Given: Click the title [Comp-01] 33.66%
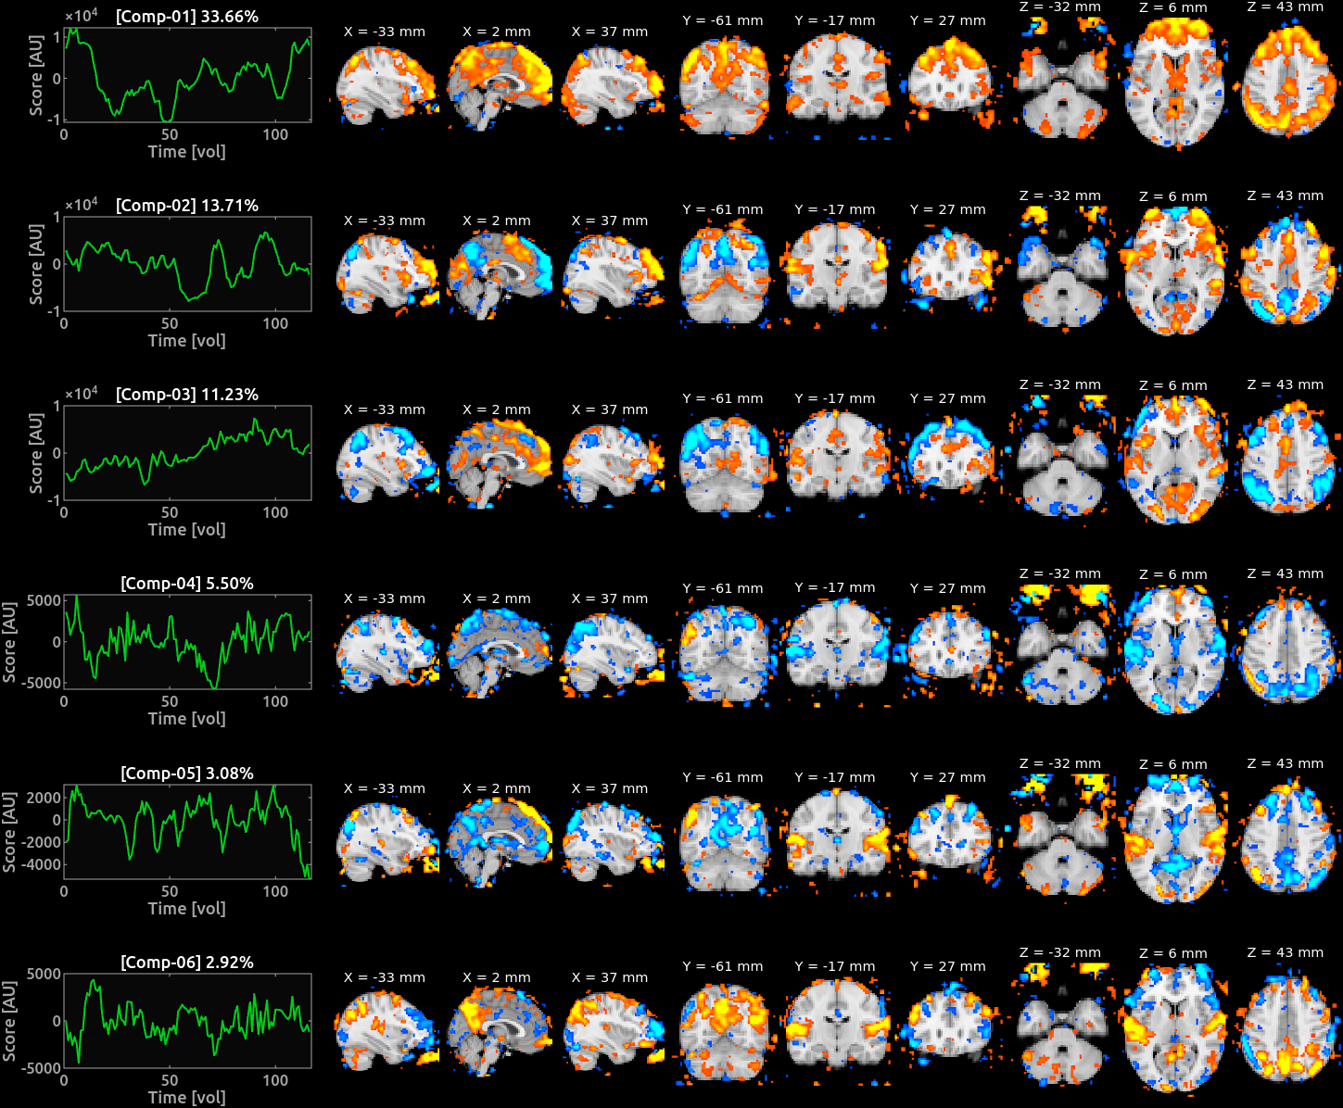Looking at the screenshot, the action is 186,17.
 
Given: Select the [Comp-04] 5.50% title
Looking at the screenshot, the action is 186,584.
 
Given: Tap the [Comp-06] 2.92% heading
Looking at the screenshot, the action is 186,962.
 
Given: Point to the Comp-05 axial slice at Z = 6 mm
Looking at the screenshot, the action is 1173,838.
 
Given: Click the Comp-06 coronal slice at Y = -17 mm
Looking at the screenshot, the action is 836,1025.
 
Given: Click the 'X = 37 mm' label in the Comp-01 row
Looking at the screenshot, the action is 609,31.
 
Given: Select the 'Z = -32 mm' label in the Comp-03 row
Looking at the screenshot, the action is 1060,384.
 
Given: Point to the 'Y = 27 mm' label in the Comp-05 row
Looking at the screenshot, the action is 947,777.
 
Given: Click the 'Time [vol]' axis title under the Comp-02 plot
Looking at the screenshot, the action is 186,341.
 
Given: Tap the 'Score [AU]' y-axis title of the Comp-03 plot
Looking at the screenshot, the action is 36,453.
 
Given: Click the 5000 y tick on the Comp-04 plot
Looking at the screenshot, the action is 44,600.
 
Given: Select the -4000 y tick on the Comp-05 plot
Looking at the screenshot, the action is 41,864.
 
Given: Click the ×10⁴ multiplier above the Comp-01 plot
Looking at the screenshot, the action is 81,14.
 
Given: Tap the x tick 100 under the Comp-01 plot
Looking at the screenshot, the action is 275,134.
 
